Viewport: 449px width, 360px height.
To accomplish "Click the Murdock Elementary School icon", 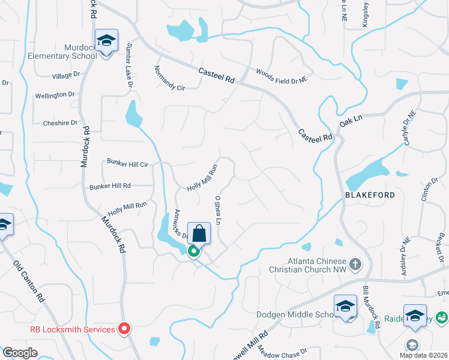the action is [106, 41].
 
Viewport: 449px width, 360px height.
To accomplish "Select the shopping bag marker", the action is [199, 232].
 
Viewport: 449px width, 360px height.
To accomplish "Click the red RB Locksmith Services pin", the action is [124, 328].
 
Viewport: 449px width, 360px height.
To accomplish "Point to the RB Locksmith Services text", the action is [72, 329].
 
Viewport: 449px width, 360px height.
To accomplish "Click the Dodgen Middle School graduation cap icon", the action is [345, 307].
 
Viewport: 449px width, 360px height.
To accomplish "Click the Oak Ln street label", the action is [351, 121].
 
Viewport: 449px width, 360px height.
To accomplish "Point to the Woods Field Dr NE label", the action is [282, 75].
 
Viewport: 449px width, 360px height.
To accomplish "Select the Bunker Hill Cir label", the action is [127, 163].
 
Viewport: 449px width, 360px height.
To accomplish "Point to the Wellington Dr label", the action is [55, 95].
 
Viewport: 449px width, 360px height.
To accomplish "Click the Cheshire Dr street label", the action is [60, 123].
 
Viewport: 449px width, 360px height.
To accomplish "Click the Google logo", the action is [19, 353].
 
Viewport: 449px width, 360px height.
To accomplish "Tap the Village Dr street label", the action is [66, 75].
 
